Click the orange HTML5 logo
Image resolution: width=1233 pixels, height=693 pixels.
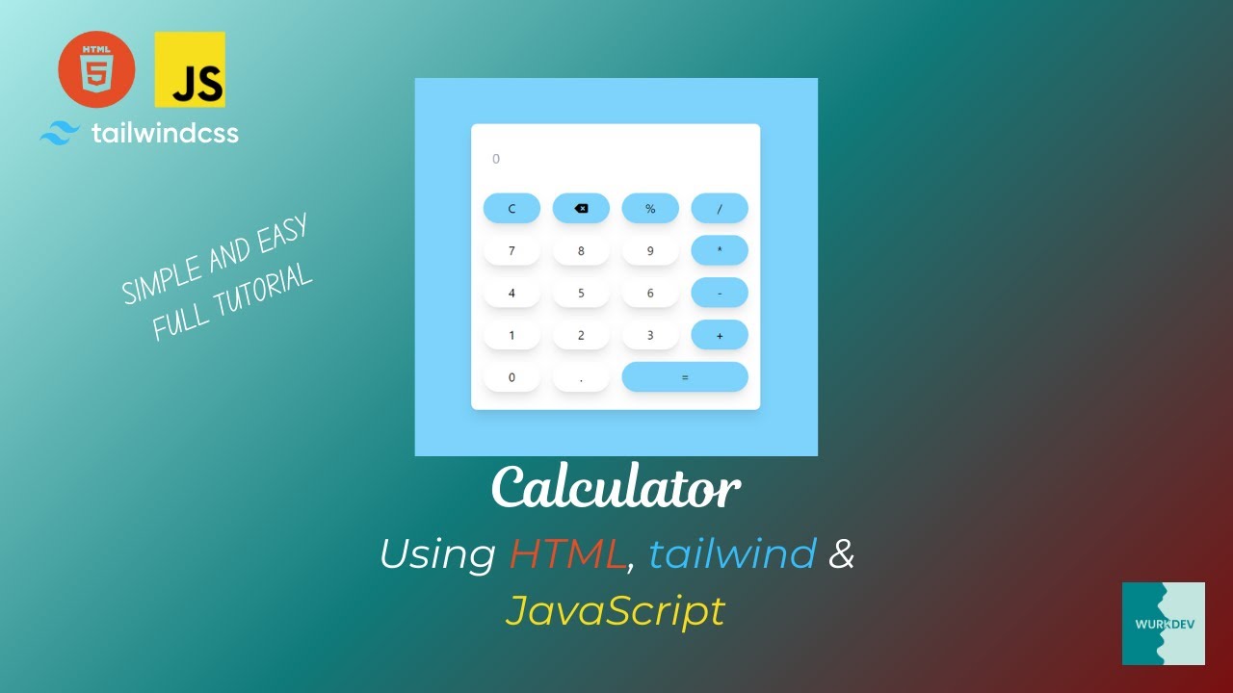click(x=96, y=69)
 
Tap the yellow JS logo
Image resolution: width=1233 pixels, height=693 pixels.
click(x=190, y=69)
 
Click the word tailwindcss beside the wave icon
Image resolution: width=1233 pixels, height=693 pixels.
click(x=165, y=133)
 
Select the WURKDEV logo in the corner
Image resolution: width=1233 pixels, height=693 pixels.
click(x=1163, y=623)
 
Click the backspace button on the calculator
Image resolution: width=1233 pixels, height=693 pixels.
click(x=581, y=208)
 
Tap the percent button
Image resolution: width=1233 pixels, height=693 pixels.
click(x=650, y=208)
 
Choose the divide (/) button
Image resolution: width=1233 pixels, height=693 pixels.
click(x=720, y=208)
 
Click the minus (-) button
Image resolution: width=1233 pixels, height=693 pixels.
click(x=720, y=293)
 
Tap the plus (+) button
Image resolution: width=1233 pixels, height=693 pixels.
click(x=720, y=335)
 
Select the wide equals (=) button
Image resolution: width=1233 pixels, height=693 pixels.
click(x=685, y=377)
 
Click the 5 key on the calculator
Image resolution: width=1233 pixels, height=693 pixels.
click(x=581, y=293)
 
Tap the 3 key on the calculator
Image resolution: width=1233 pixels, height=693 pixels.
click(x=650, y=335)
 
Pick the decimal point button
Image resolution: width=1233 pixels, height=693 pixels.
click(x=581, y=377)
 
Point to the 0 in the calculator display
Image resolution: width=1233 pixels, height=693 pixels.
click(x=496, y=159)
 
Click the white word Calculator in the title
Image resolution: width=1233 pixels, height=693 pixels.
click(x=616, y=489)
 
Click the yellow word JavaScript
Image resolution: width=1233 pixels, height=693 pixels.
click(x=615, y=610)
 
